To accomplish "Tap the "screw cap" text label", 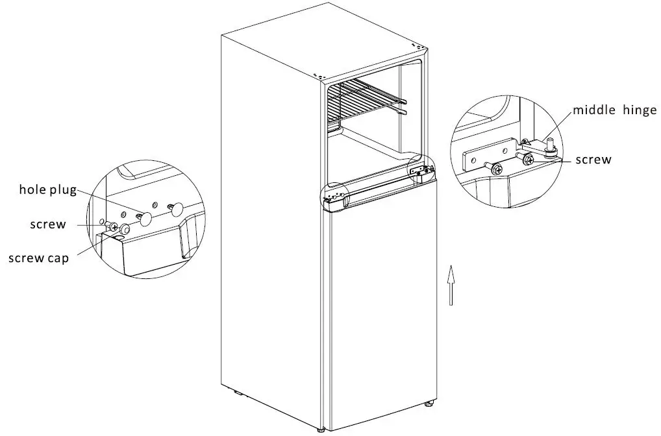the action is (39, 258).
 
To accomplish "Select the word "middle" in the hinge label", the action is (593, 110).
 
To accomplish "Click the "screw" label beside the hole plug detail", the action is (47, 224).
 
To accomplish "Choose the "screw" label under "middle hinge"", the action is (593, 159).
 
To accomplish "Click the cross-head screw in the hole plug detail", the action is (112, 226).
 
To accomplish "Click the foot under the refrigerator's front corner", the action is (323, 429).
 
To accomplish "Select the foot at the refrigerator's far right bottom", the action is (429, 404).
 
